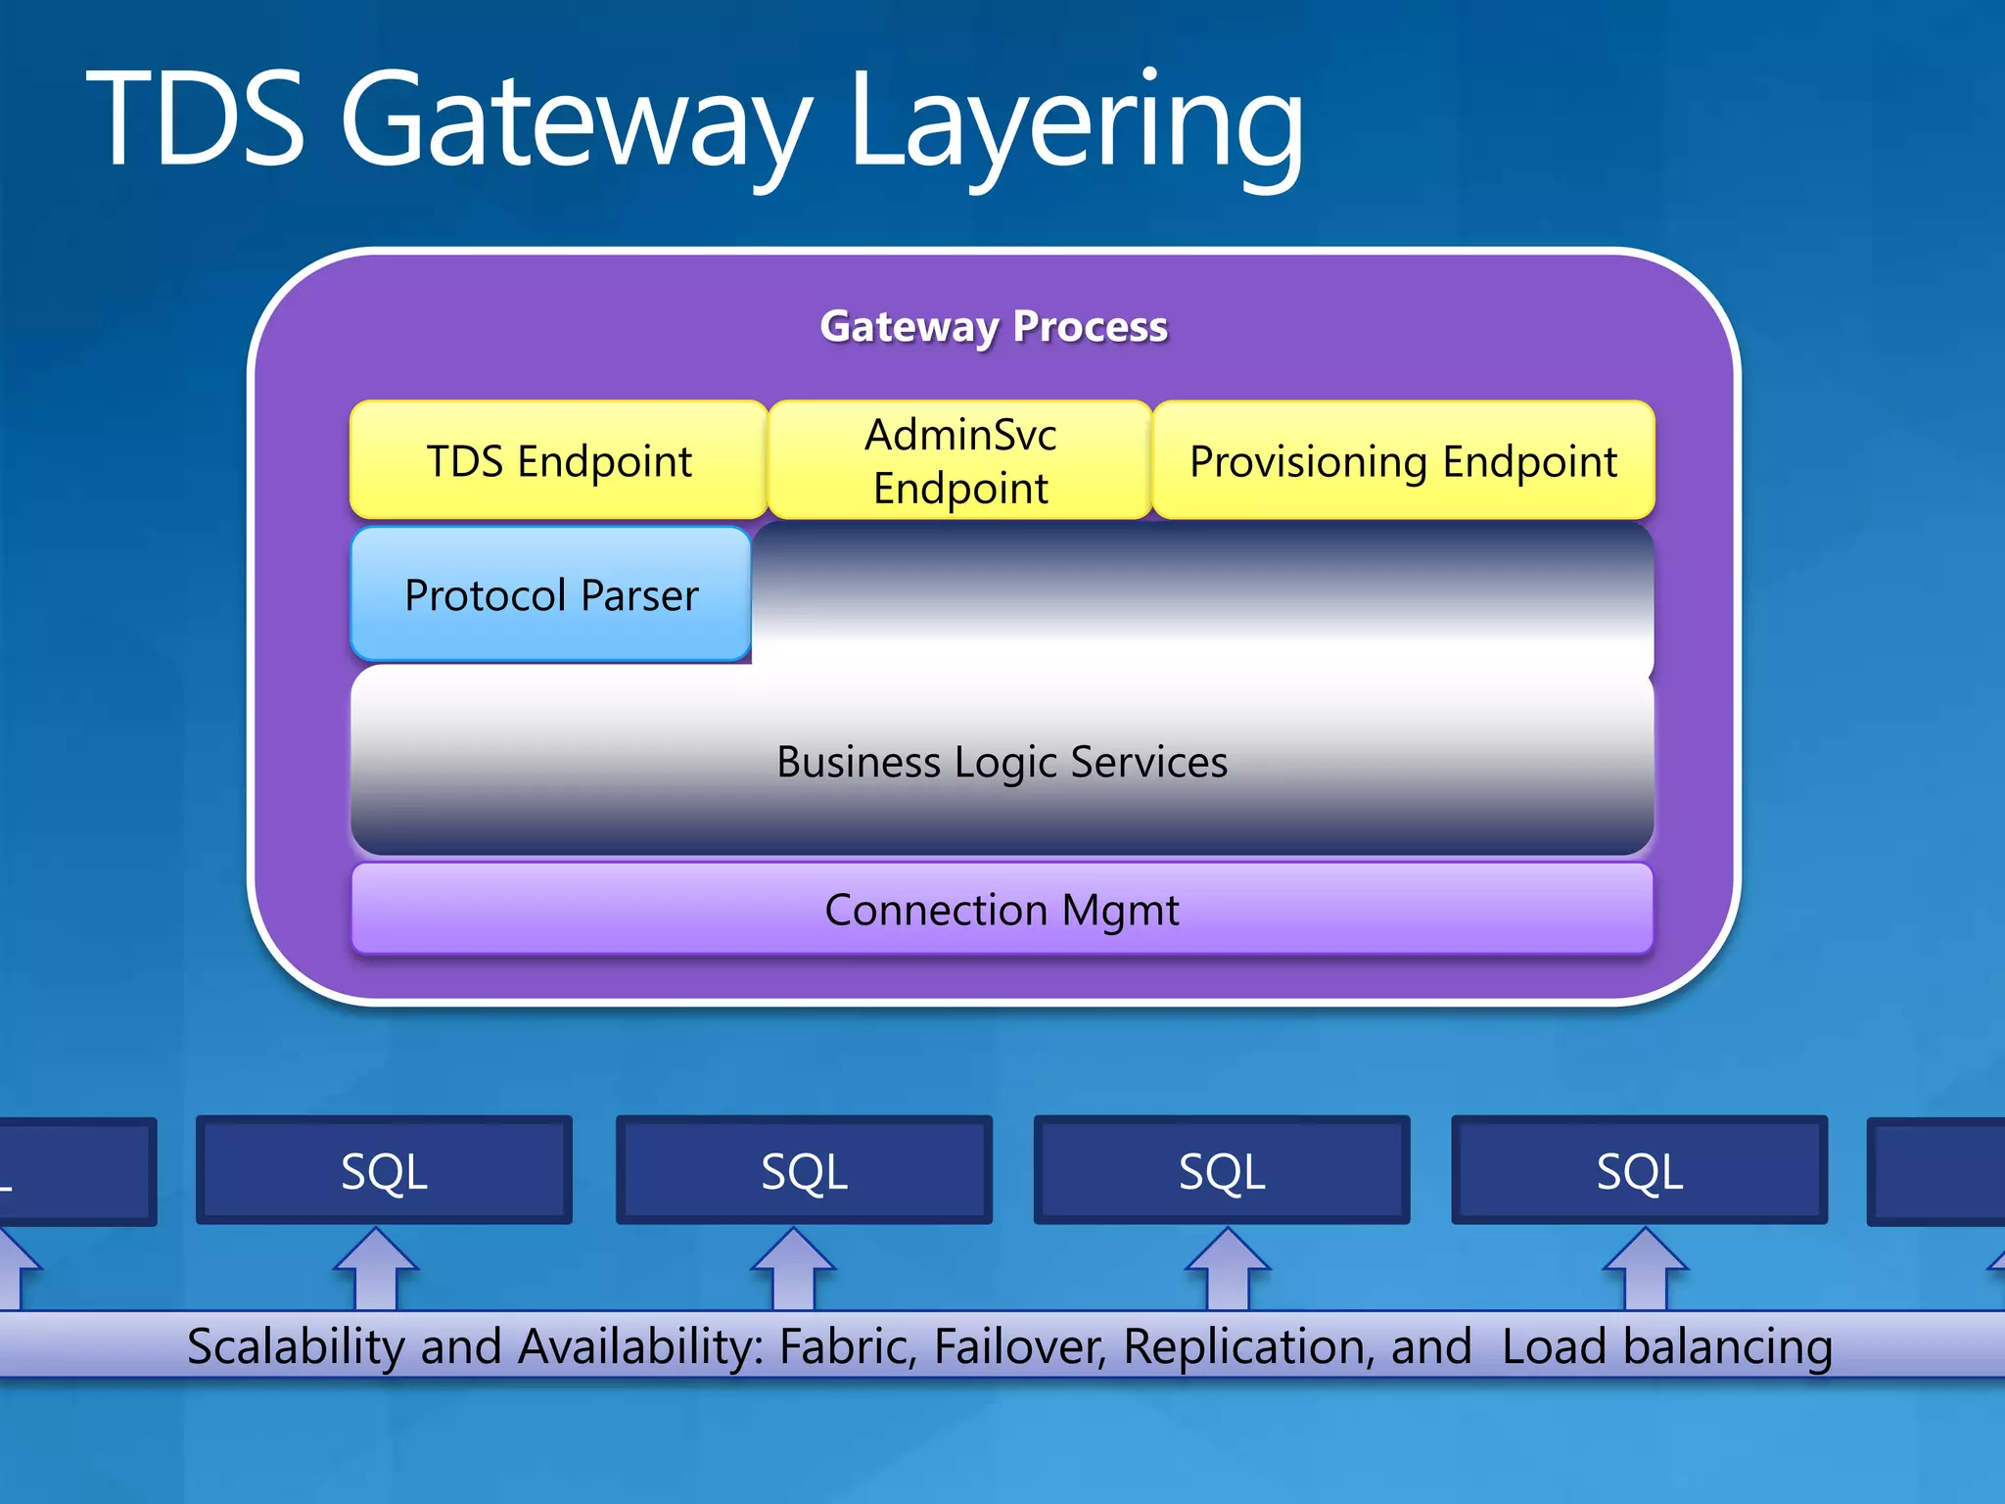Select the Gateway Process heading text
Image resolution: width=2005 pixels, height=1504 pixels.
[994, 326]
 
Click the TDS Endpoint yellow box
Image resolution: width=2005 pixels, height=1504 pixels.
[559, 460]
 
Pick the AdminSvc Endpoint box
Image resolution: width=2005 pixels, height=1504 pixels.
[960, 460]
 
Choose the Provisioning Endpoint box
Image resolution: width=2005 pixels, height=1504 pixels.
[1403, 460]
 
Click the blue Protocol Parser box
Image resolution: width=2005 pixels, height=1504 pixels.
[551, 594]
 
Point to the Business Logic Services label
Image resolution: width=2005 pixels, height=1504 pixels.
[1002, 762]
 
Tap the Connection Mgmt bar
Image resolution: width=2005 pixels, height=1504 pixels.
[1002, 910]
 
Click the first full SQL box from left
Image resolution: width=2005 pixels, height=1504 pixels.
[384, 1170]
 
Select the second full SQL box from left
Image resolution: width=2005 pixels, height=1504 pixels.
[804, 1170]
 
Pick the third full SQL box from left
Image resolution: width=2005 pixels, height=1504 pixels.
[1222, 1170]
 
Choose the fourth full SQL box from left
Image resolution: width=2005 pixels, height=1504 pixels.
[1640, 1170]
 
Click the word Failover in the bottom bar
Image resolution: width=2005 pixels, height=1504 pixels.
[1018, 1346]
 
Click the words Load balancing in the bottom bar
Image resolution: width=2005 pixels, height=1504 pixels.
[1666, 1346]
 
